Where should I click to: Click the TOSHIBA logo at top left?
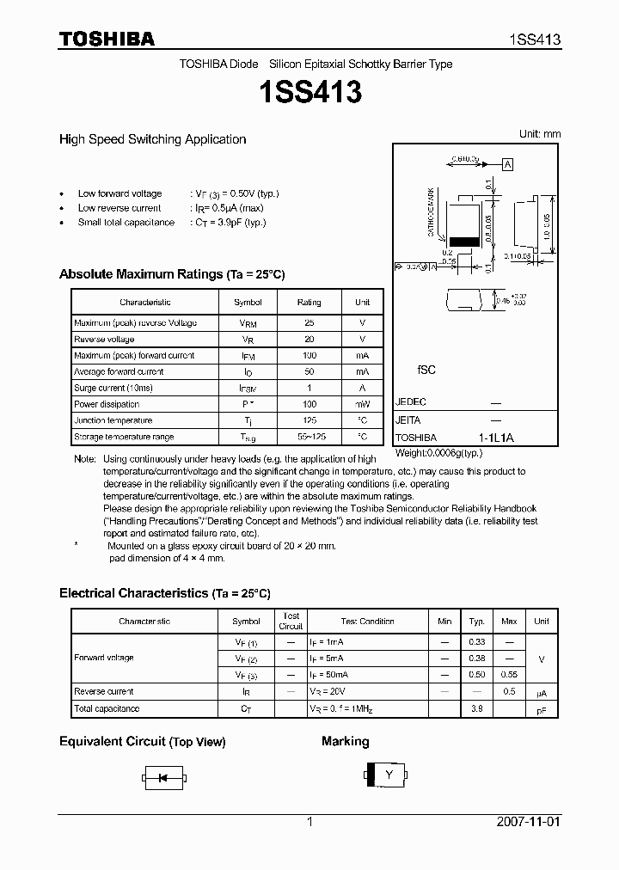(x=107, y=39)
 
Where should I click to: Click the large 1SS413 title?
(x=309, y=92)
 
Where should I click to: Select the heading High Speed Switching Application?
(x=152, y=139)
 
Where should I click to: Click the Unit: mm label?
(x=539, y=134)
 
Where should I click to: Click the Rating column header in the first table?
(x=309, y=303)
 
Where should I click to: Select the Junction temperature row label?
(x=113, y=420)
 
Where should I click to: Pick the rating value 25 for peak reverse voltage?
(x=309, y=322)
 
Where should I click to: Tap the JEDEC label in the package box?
(x=410, y=402)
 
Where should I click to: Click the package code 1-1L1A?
(x=495, y=438)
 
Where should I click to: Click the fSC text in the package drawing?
(x=426, y=370)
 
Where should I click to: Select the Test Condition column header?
(x=367, y=621)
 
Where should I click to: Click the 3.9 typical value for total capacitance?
(x=476, y=708)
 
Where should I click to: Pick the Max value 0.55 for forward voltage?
(x=509, y=675)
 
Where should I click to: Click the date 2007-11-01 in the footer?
(x=529, y=822)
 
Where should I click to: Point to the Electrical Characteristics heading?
(x=164, y=593)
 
